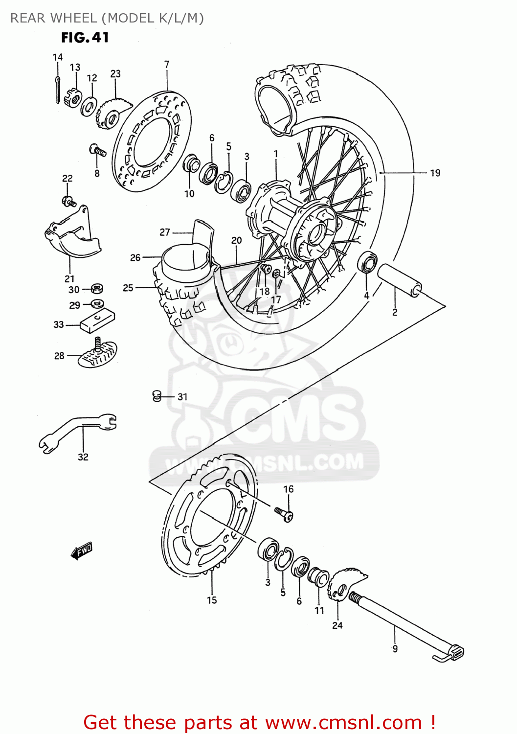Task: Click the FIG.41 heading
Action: (85, 38)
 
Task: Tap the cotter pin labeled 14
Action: (58, 89)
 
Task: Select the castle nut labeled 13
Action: (73, 98)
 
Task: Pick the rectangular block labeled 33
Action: (97, 321)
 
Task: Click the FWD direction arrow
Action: (82, 551)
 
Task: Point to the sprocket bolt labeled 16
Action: (284, 514)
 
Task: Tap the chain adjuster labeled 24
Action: (344, 585)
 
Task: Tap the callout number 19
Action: (435, 173)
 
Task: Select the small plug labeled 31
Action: (157, 396)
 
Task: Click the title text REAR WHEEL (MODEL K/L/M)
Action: (107, 18)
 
